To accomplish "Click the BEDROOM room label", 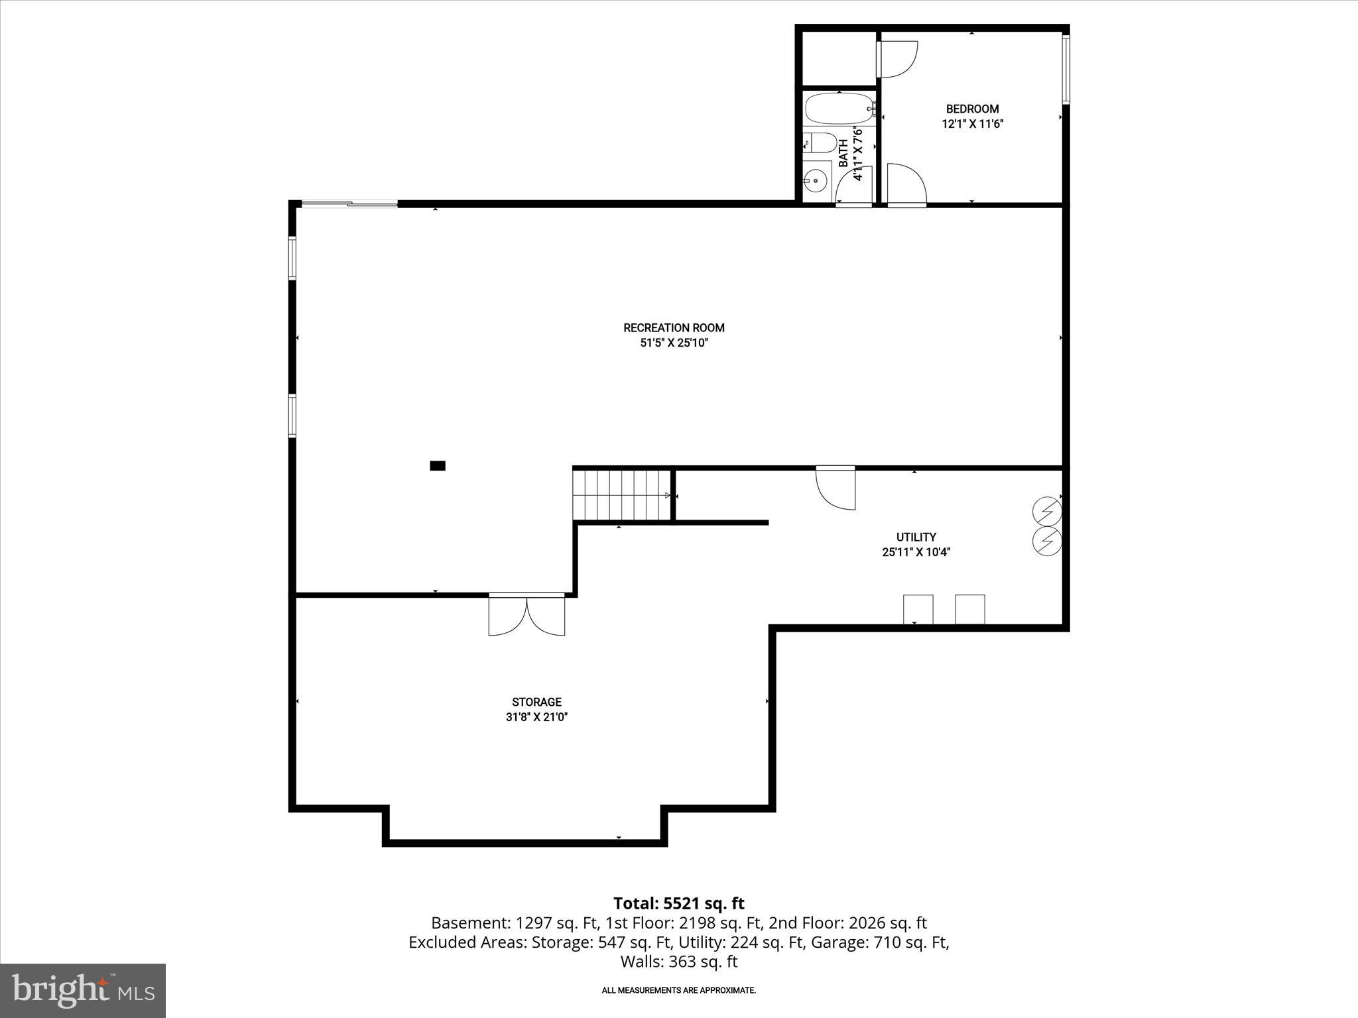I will coord(972,109).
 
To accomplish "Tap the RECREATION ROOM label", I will coord(674,327).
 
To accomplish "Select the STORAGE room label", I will coord(536,702).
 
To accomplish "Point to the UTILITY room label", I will coord(916,537).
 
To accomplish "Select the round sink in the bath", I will coord(816,179).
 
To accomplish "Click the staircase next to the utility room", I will coord(622,495).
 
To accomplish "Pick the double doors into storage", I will coord(526,614).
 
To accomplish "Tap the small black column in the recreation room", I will coord(438,466).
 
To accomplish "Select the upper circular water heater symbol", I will coord(1047,512).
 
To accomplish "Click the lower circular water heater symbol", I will coord(1047,541).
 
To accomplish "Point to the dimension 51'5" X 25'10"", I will coord(674,343).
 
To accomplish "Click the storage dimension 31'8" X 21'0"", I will coord(536,717).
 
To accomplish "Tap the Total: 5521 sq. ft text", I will coord(678,903).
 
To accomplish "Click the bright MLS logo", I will coord(83,991).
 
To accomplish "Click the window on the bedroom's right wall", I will coord(1066,70).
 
